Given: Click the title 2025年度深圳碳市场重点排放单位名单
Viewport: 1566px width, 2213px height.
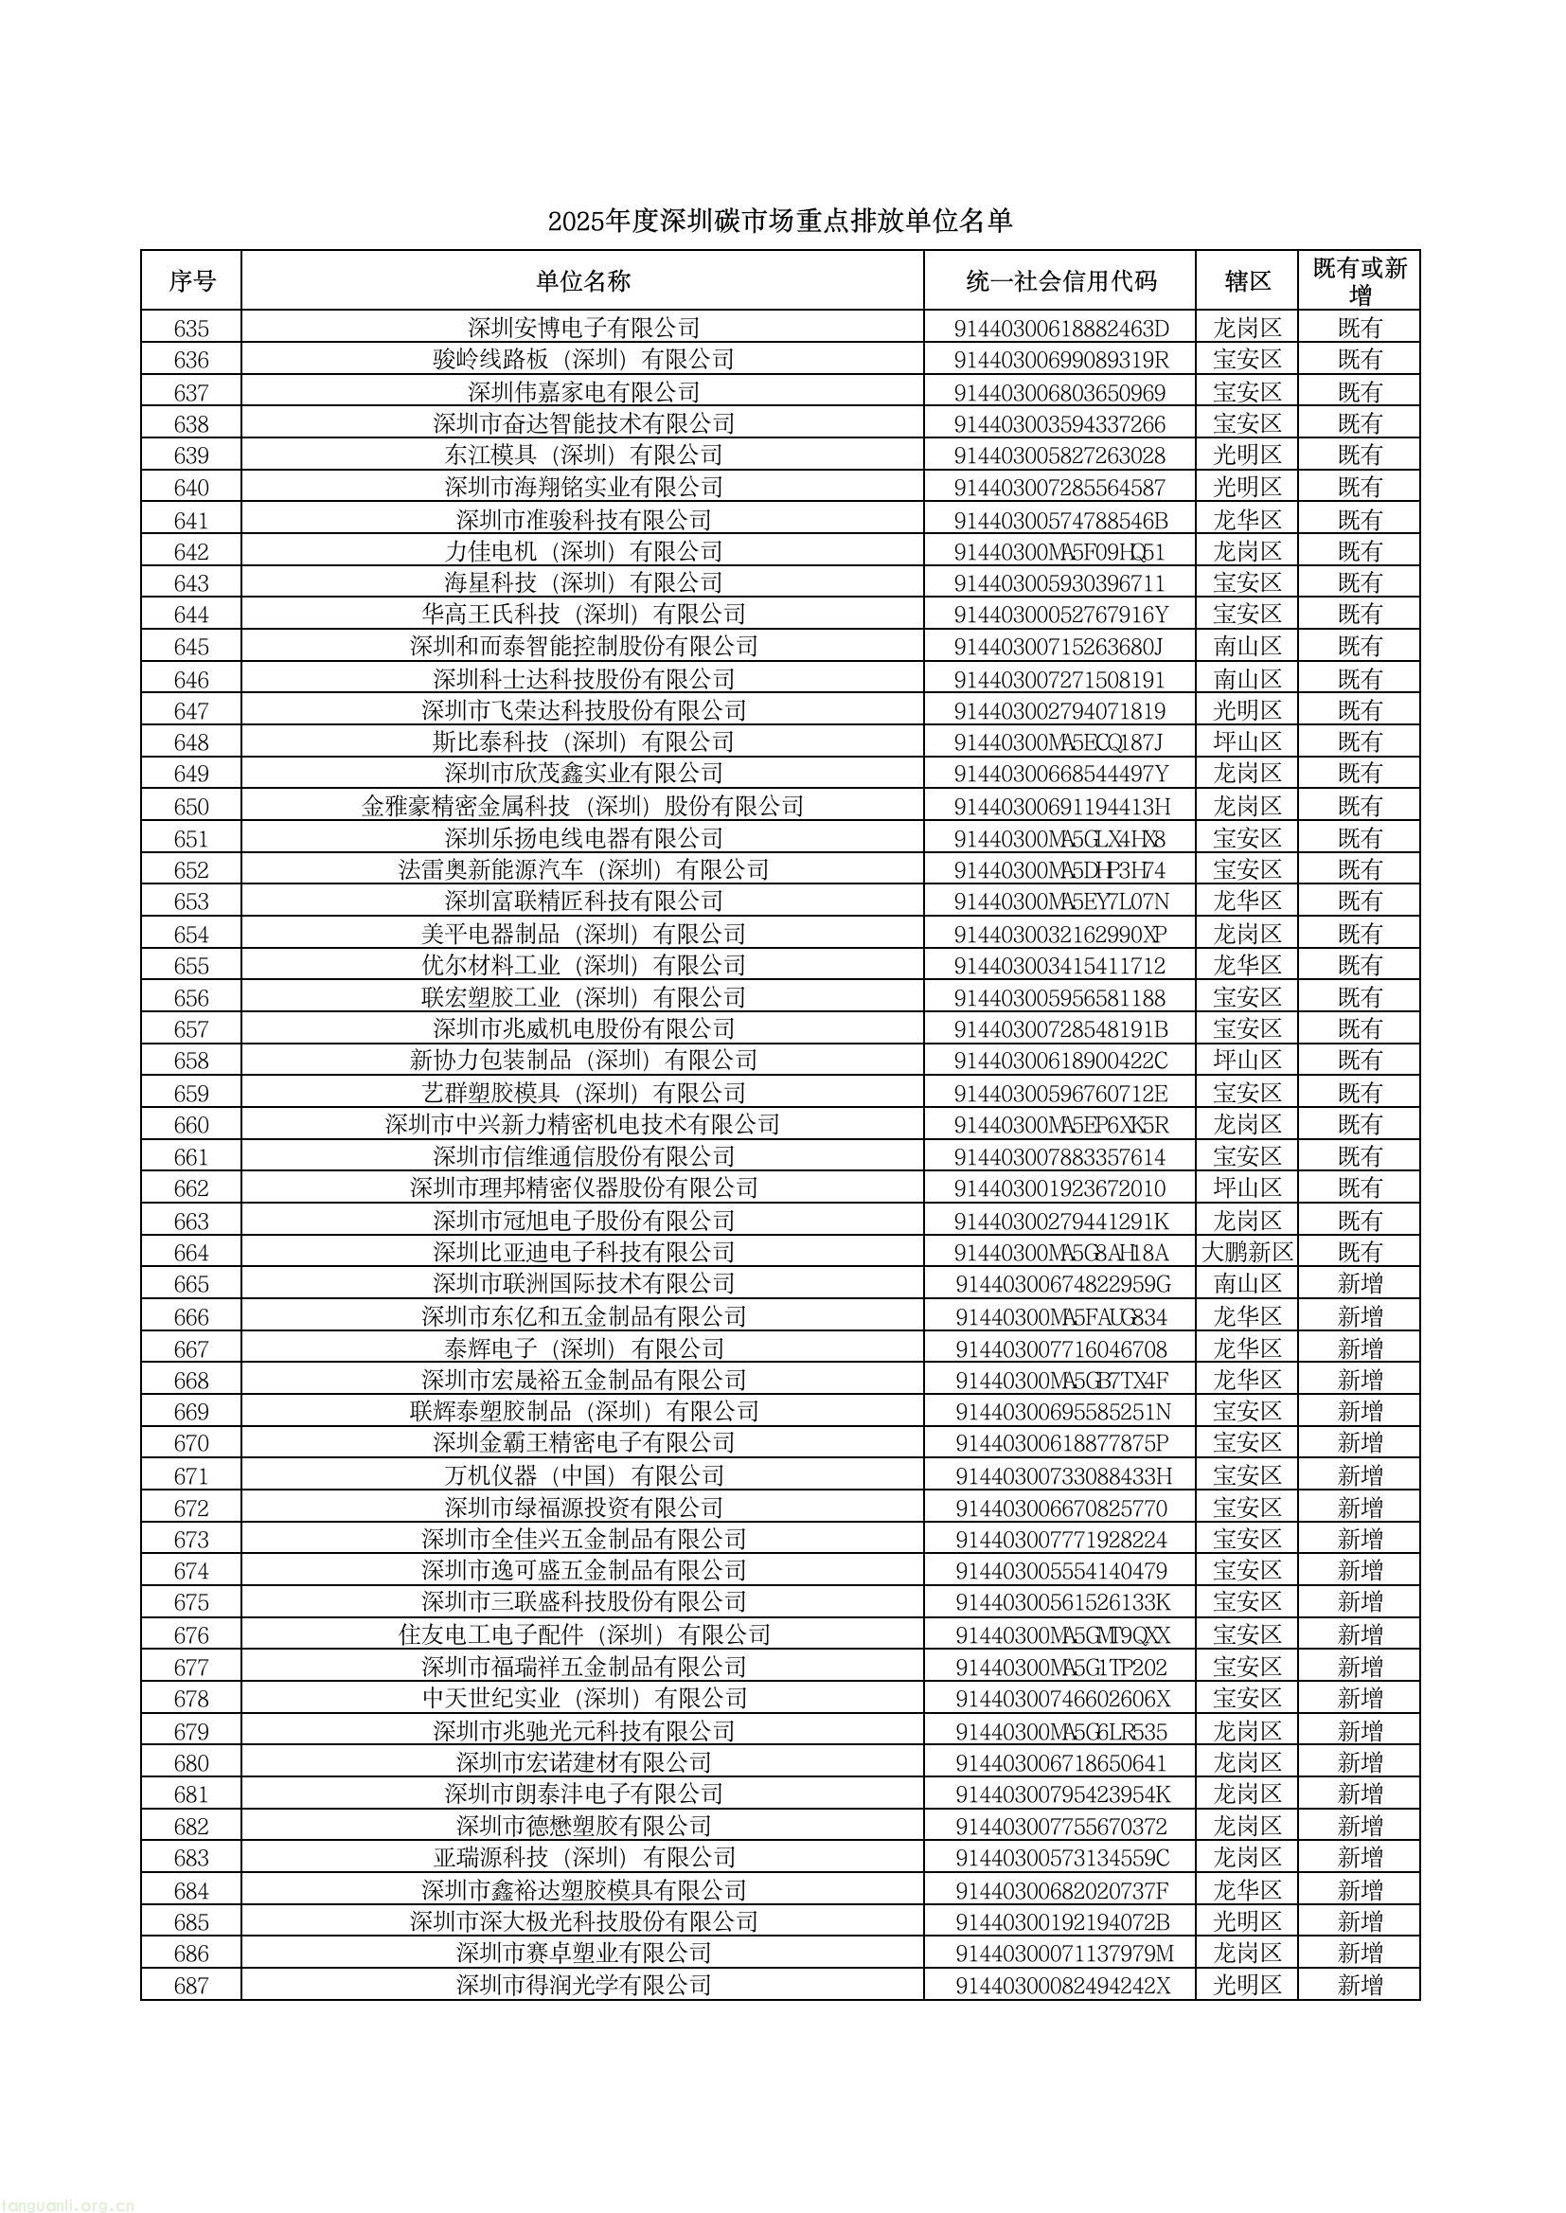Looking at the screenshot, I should point(780,222).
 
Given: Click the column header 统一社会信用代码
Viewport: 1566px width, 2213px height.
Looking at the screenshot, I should point(1059,281).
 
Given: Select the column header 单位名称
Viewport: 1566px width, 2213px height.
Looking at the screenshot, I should point(582,281).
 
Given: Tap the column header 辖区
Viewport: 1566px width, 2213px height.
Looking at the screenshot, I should point(1247,281).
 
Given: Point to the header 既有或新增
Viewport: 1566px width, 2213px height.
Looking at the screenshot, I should point(1360,280).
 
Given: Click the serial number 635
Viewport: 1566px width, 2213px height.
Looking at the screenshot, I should point(191,329).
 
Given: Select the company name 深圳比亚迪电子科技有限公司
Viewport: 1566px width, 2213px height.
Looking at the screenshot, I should point(582,1253).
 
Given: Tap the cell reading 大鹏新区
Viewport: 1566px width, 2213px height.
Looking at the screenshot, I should point(1247,1253).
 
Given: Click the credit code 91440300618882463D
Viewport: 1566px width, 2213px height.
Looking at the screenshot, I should point(1060,329).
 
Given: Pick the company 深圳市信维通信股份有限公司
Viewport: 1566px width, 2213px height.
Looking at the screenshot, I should point(582,1157).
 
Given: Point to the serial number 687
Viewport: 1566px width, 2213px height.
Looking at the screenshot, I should point(191,1986).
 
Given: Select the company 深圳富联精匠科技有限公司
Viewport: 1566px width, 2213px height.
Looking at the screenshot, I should point(582,901).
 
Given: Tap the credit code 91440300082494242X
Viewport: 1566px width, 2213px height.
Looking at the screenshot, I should point(1060,1986).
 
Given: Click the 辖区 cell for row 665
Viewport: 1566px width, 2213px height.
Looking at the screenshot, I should point(1247,1284).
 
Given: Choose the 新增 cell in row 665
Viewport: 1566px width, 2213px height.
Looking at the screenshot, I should point(1360,1284).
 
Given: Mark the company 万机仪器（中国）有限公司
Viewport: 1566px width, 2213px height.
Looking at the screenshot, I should point(582,1475).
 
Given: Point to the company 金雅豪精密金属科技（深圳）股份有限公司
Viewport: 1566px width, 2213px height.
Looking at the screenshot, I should point(582,806).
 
